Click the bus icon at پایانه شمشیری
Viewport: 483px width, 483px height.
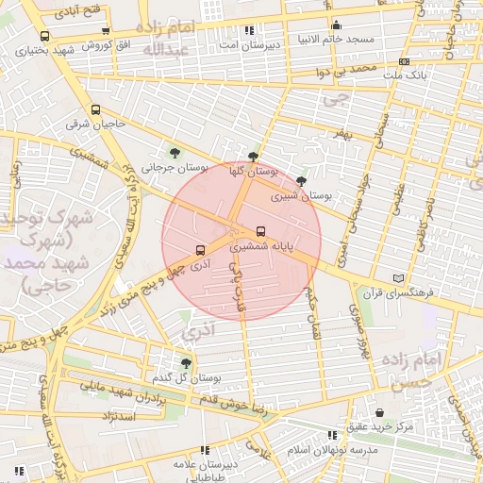(260, 231)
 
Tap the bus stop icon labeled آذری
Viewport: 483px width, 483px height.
(199, 250)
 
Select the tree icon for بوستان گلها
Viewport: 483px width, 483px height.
(252, 157)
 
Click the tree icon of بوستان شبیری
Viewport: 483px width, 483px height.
(301, 181)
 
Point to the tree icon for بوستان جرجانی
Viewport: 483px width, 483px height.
(174, 152)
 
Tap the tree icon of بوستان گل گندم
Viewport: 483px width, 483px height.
(185, 361)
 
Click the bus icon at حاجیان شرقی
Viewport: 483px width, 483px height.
(95, 108)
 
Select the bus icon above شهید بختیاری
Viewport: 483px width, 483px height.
(44, 36)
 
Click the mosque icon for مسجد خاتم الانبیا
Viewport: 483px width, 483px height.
(336, 25)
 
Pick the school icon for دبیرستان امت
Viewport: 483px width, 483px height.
(249, 30)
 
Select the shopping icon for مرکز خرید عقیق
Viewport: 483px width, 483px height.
(379, 413)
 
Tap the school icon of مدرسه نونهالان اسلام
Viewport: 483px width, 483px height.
(331, 435)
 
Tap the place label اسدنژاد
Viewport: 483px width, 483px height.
(97, 416)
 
